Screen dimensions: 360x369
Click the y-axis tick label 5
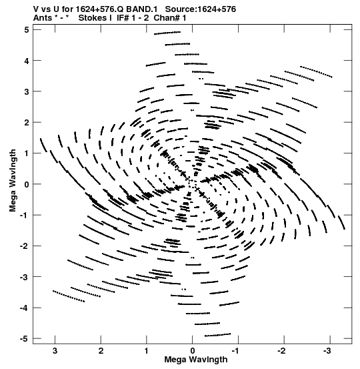(26, 30)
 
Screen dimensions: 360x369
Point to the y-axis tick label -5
(24, 339)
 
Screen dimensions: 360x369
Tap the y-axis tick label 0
(26, 184)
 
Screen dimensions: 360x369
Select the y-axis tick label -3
(24, 277)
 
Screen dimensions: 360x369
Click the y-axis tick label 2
(26, 123)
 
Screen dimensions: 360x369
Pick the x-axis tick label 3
(55, 351)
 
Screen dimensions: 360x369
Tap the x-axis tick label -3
(327, 351)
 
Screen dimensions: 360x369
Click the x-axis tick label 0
(193, 351)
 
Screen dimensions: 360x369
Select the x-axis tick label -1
(235, 351)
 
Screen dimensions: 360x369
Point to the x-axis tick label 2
(101, 351)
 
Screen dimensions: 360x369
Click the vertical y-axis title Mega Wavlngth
(13, 181)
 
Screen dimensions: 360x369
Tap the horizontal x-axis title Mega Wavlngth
(196, 360)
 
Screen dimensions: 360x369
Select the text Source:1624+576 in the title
(201, 9)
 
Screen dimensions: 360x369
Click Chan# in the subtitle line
(167, 18)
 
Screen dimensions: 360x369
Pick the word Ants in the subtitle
(42, 18)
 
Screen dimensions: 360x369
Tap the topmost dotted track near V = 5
(167, 33)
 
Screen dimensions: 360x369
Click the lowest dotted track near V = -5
(218, 335)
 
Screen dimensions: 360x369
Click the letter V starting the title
(36, 9)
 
